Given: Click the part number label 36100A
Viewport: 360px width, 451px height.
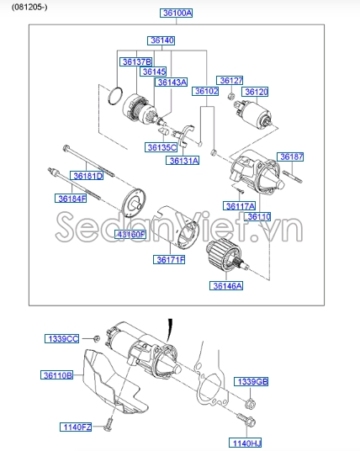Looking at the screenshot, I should click(177, 13).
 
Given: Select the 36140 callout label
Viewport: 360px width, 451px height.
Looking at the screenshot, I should click(161, 40).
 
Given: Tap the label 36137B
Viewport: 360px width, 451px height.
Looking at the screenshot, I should click(135, 61).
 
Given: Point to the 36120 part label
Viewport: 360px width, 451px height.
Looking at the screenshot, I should click(256, 92).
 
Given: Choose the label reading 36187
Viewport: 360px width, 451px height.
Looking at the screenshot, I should click(291, 157).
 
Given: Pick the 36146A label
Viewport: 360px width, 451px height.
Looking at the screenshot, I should click(226, 286).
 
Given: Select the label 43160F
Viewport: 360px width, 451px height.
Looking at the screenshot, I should click(130, 234).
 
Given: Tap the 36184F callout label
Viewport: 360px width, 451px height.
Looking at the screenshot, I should click(72, 199).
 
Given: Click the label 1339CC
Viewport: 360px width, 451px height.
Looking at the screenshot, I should click(61, 338).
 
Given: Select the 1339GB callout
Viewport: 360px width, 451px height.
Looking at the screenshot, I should click(251, 382).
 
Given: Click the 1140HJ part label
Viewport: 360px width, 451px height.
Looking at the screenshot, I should click(246, 442).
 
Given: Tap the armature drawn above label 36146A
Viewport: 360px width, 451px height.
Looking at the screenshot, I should click(225, 255).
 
